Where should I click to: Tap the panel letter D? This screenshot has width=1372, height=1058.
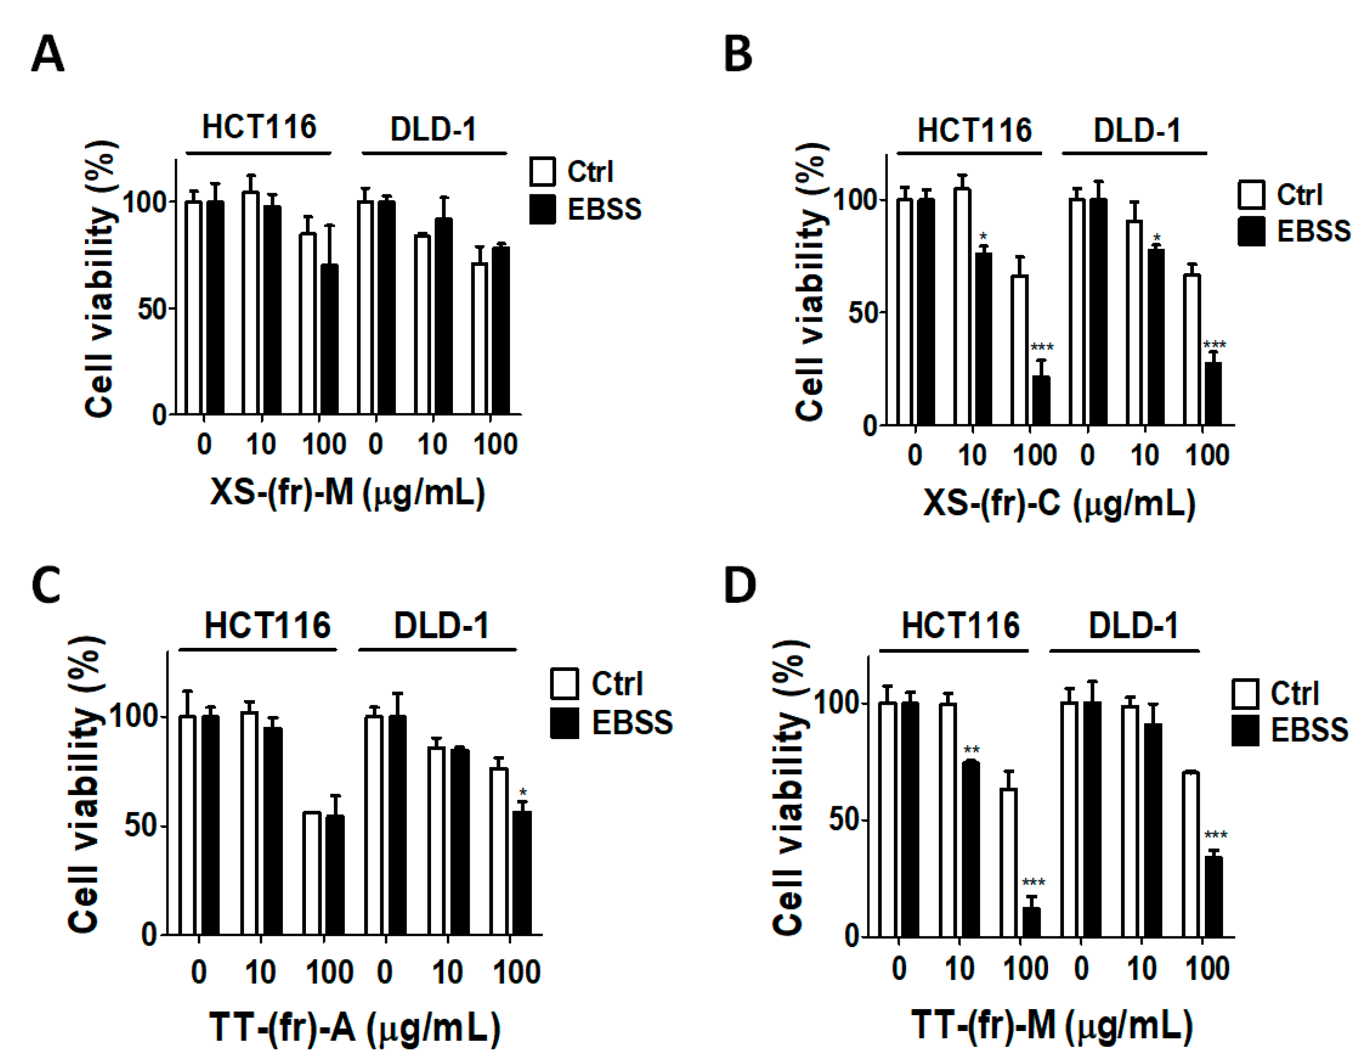tap(740, 585)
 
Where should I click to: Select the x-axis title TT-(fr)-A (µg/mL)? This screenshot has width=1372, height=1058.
tap(355, 1028)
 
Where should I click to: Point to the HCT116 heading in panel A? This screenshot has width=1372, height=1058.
tap(259, 128)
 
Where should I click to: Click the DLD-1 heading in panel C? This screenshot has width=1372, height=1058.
tap(441, 626)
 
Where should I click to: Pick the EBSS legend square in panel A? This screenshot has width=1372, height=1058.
tap(542, 209)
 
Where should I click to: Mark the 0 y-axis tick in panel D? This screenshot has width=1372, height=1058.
tap(852, 937)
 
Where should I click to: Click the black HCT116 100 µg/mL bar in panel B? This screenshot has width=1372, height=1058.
tap(1041, 401)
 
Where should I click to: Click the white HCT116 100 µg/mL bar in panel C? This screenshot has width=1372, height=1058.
tap(312, 873)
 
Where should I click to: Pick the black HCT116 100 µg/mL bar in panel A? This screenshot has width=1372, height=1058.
tap(329, 339)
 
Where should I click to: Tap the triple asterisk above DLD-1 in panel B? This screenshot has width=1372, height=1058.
tap(1214, 345)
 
